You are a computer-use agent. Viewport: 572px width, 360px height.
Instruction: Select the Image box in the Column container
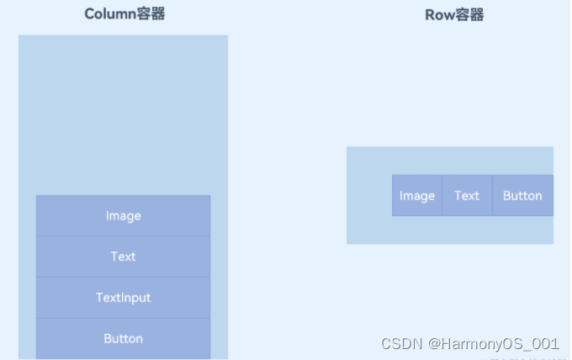pos(123,216)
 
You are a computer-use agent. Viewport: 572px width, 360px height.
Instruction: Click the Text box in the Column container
pos(123,257)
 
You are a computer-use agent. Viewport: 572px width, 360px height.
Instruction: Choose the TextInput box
pos(123,298)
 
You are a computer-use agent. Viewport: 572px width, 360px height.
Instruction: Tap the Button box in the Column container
pos(123,338)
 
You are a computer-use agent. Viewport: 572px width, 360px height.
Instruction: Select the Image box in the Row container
pos(417,196)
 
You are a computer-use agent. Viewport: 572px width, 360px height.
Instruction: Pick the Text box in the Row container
pos(467,196)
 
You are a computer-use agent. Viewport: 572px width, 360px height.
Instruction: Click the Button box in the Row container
pos(522,196)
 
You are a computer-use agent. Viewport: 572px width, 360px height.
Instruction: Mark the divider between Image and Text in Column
pos(123,236)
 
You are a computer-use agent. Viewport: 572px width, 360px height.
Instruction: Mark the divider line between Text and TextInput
pos(123,277)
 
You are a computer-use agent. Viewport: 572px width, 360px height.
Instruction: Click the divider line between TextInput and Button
pos(123,318)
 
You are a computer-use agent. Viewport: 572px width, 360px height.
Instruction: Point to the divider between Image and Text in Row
pos(442,196)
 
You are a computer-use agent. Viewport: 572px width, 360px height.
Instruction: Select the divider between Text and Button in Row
pos(492,196)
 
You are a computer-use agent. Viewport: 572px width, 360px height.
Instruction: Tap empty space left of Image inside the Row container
pos(368,196)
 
